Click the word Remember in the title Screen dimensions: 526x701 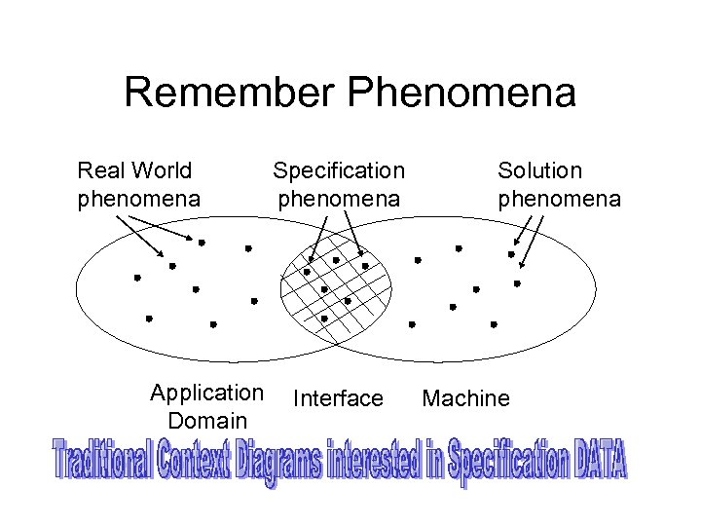pos(230,94)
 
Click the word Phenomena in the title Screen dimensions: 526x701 pos(461,94)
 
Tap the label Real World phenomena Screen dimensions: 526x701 pos(138,185)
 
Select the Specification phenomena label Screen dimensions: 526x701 pos(338,185)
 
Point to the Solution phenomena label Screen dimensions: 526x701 pos(559,185)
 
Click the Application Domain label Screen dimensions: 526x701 pos(206,407)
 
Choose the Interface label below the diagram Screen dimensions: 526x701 pos(338,398)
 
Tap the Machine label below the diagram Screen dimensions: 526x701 pos(465,398)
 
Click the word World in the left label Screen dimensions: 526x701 pos(163,170)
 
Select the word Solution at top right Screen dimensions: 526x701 pos(539,170)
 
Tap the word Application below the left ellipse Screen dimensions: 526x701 pos(206,394)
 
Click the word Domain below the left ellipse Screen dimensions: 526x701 pos(207,421)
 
